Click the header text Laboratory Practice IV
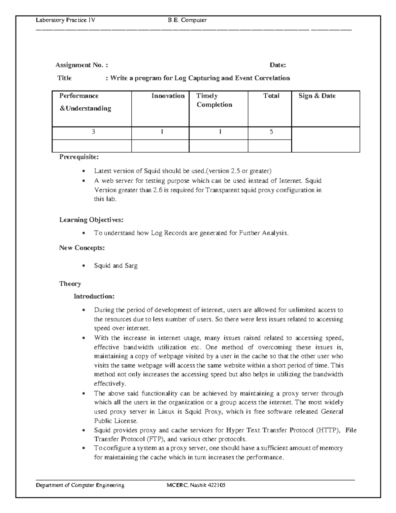tap(66, 20)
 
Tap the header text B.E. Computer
tap(187, 20)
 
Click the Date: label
tap(278, 65)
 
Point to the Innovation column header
tap(168, 96)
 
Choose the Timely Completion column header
tap(214, 100)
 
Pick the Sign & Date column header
tap(317, 96)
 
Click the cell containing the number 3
tap(93, 131)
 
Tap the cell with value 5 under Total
tap(271, 131)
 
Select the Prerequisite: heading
tap(79, 156)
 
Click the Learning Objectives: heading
tap(91, 220)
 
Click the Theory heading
tap(70, 284)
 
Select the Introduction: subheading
tap(94, 296)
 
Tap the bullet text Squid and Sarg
tap(115, 266)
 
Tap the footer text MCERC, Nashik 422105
tap(196, 485)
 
